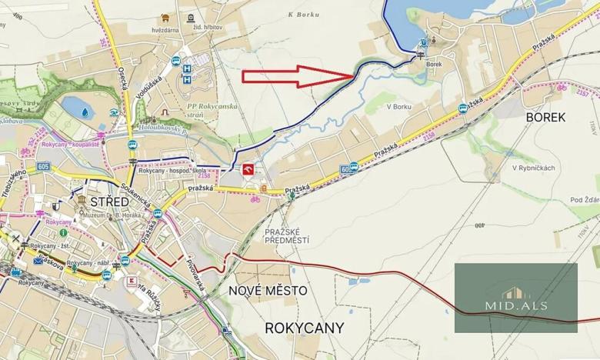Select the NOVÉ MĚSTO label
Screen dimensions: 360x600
[268, 291]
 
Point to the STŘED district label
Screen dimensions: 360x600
[107, 201]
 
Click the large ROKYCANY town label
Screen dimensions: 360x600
[304, 328]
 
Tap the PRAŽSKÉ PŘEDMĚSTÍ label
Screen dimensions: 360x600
[286, 236]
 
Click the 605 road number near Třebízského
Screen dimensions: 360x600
[43, 166]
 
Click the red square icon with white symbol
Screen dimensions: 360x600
[248, 170]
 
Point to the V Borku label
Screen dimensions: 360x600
[400, 106]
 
